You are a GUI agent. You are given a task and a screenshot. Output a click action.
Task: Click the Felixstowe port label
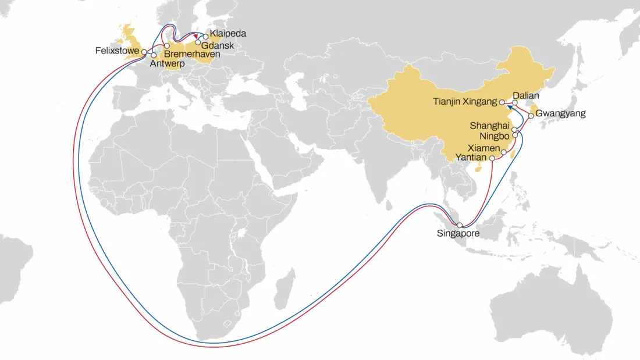[117, 51]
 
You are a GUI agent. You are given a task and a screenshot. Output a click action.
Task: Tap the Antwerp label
[166, 63]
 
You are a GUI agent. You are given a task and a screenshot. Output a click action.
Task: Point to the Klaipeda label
[228, 34]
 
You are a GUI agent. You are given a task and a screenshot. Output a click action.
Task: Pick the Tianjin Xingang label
[465, 101]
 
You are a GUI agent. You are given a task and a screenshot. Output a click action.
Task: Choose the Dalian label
[527, 95]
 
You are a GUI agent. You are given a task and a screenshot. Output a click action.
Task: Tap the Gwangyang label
[560, 113]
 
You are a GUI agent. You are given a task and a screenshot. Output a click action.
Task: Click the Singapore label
[458, 234]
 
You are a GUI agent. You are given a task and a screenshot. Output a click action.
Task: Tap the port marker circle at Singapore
[460, 226]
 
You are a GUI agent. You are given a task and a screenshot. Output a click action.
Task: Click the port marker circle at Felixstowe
[144, 52]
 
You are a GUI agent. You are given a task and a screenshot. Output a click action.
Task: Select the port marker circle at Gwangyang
[531, 116]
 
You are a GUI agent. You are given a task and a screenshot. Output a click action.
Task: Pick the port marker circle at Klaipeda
[205, 37]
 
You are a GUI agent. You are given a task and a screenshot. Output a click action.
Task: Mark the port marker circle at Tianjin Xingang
[502, 102]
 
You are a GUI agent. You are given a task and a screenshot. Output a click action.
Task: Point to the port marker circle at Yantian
[492, 158]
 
